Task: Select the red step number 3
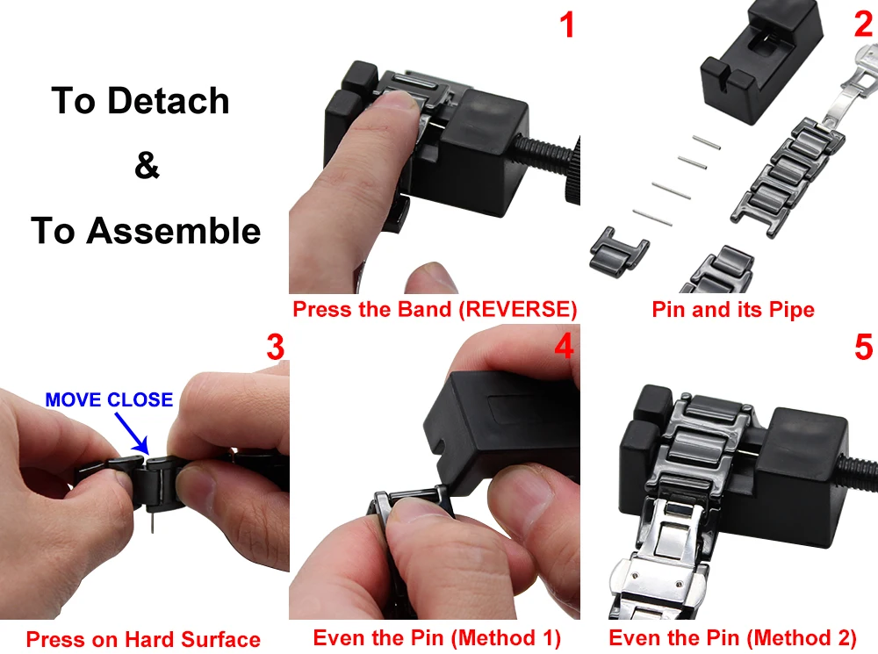275,347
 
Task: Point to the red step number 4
564,346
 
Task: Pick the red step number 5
863,347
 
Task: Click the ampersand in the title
147,165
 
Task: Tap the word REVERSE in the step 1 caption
517,309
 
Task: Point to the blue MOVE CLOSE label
109,399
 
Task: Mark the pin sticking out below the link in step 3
152,521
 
